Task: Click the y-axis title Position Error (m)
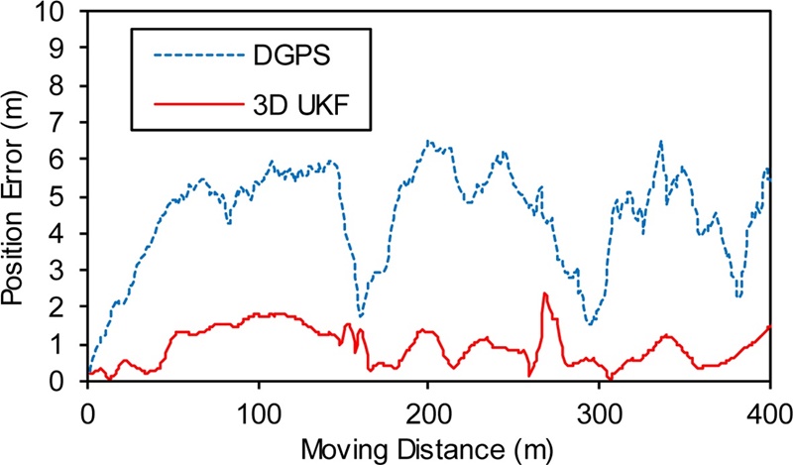(x=17, y=193)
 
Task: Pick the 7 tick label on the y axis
(x=66, y=123)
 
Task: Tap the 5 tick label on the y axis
(x=66, y=196)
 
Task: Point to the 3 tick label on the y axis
(x=66, y=270)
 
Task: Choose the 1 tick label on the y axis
(x=66, y=343)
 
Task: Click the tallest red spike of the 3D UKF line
(x=544, y=293)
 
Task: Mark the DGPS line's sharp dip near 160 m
(x=361, y=316)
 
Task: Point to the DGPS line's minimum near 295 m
(x=590, y=323)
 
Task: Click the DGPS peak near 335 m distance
(x=660, y=142)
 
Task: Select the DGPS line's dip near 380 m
(x=738, y=295)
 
